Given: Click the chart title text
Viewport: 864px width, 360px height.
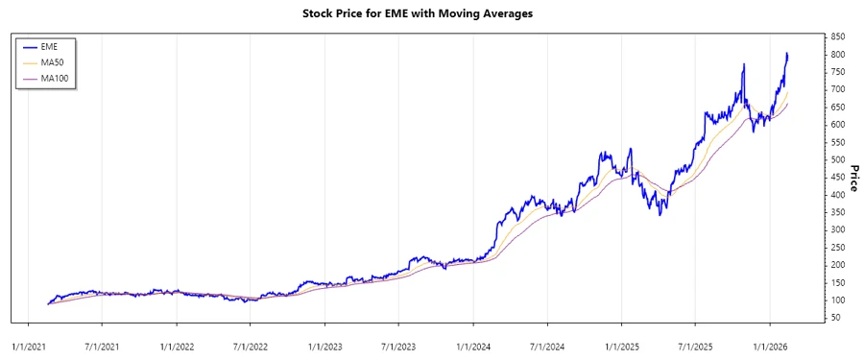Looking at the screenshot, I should [x=431, y=14].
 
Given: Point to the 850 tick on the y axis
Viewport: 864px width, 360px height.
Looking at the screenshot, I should [x=838, y=36].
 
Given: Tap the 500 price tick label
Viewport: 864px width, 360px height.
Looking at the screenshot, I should [x=838, y=159].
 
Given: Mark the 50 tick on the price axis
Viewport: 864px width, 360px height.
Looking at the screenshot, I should [x=836, y=318].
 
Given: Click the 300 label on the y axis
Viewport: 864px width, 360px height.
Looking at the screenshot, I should [x=838, y=229].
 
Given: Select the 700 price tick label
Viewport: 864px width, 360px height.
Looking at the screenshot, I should [x=838, y=89].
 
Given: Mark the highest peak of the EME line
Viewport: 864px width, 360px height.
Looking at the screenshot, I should [x=787, y=54].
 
